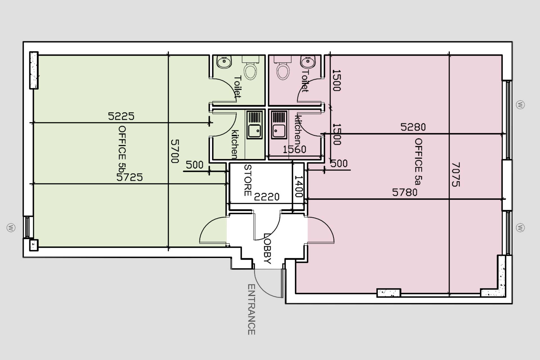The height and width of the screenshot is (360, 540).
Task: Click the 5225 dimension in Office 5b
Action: point(121,116)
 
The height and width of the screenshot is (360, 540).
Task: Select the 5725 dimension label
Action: point(129,177)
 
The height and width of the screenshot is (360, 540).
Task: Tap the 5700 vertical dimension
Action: point(175,151)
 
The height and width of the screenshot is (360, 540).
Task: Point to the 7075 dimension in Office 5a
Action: point(456,174)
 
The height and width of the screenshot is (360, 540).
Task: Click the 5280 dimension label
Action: point(413,127)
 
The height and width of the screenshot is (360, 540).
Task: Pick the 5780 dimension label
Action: point(405,192)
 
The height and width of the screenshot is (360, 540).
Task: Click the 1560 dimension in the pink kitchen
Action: point(294,149)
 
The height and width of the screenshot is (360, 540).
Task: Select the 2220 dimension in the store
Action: point(267,197)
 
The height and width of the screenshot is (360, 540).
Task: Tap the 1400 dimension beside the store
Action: point(298,186)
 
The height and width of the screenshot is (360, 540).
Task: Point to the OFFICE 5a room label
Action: point(418,161)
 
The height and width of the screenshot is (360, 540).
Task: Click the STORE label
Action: point(247,180)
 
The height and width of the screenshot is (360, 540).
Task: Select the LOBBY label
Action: point(267,249)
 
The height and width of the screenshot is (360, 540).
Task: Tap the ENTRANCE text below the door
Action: point(251,309)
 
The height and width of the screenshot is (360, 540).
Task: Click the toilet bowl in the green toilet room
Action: point(250,71)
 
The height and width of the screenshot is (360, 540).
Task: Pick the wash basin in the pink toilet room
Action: point(307,62)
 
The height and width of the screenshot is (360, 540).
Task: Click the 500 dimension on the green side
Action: point(194,165)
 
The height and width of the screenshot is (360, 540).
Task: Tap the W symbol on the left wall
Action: point(11,228)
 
